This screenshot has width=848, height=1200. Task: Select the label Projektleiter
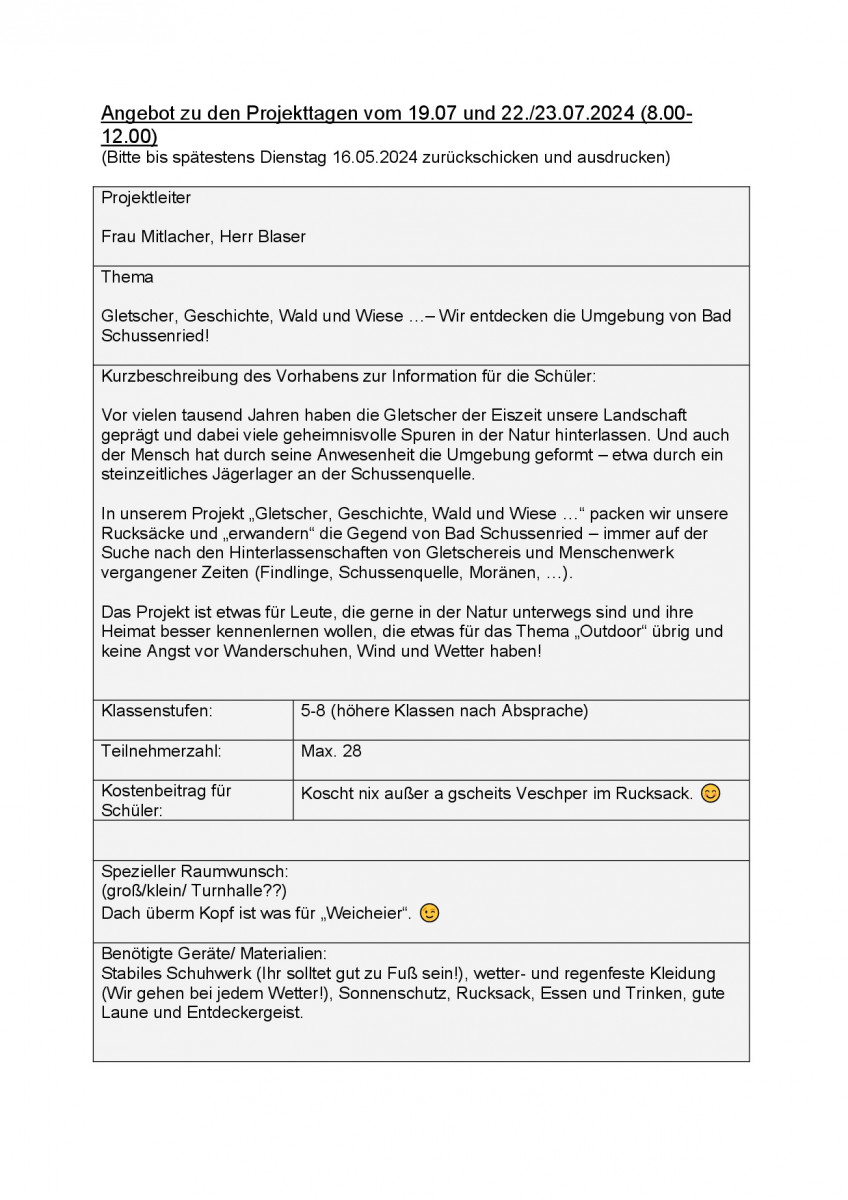coord(146,198)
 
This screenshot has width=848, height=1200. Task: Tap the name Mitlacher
coord(179,237)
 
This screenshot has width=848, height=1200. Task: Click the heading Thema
coord(127,277)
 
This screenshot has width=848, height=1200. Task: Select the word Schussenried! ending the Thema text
coord(155,336)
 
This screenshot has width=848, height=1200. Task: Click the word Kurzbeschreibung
coord(170,376)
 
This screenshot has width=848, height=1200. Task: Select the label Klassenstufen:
coord(157,711)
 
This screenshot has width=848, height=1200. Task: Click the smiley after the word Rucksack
coord(710,793)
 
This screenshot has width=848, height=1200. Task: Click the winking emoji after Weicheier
coord(429,913)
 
